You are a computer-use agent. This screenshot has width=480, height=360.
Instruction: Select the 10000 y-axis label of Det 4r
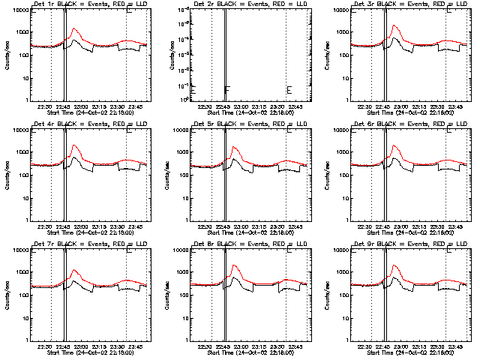[x=17, y=130]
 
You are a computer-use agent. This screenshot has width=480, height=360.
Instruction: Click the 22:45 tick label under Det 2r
[x=223, y=107]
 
